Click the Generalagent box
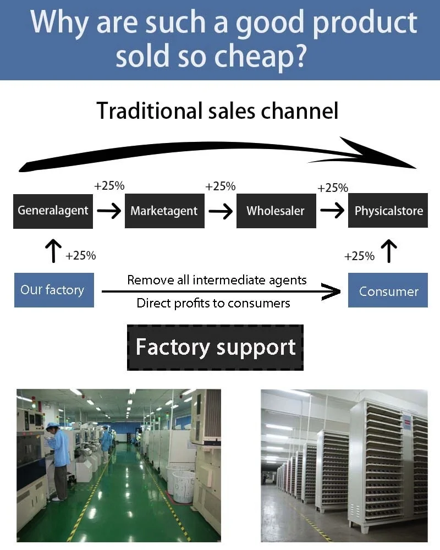pyautogui.click(x=53, y=210)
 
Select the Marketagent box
pyautogui.click(x=164, y=210)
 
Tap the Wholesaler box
pyautogui.click(x=276, y=210)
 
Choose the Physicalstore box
pyautogui.click(x=388, y=210)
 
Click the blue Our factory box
pyautogui.click(x=53, y=290)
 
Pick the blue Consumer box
pyautogui.click(x=388, y=291)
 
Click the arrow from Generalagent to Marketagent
pyautogui.click(x=109, y=211)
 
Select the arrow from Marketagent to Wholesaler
pyautogui.click(x=221, y=211)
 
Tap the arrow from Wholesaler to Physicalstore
pyautogui.click(x=332, y=211)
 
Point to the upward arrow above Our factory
pyautogui.click(x=53, y=251)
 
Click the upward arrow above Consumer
pyautogui.click(x=389, y=251)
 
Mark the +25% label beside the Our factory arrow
pyautogui.click(x=80, y=256)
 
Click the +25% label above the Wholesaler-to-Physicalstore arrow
pyautogui.click(x=333, y=188)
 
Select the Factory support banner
pyautogui.click(x=215, y=348)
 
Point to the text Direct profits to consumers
pyautogui.click(x=213, y=303)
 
